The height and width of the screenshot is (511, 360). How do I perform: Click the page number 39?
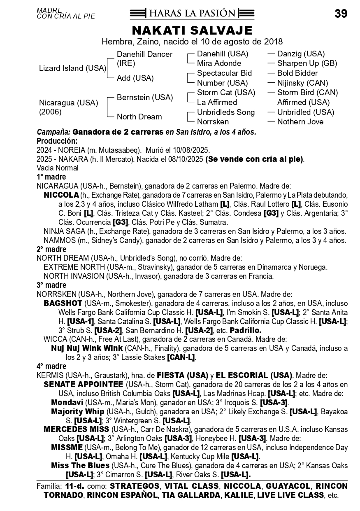click(x=341, y=14)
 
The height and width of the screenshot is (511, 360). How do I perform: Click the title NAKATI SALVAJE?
click(x=192, y=30)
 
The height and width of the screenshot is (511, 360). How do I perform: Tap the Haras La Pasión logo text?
click(x=192, y=14)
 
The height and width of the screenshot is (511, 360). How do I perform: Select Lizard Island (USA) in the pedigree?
click(x=72, y=68)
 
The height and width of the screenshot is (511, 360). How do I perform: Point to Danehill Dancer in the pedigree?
click(x=144, y=54)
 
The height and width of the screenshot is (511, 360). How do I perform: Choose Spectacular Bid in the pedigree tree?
click(x=224, y=73)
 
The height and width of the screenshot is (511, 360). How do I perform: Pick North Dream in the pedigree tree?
click(x=139, y=117)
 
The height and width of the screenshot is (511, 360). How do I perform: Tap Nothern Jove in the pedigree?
click(x=300, y=122)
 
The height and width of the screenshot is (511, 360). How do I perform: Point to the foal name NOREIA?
click(x=73, y=150)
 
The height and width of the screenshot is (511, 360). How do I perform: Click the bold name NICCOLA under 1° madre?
click(x=61, y=195)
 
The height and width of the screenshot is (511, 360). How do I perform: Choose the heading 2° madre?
click(x=51, y=250)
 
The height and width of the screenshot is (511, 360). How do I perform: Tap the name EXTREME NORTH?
click(x=70, y=267)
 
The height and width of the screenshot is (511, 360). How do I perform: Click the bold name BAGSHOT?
click(x=60, y=303)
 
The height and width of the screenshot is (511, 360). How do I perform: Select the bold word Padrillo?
click(x=245, y=331)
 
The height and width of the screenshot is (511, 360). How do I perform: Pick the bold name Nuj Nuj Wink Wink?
click(x=87, y=348)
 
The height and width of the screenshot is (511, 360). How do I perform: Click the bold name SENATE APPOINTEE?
click(x=83, y=385)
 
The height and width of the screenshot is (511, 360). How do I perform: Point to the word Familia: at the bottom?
click(x=49, y=486)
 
